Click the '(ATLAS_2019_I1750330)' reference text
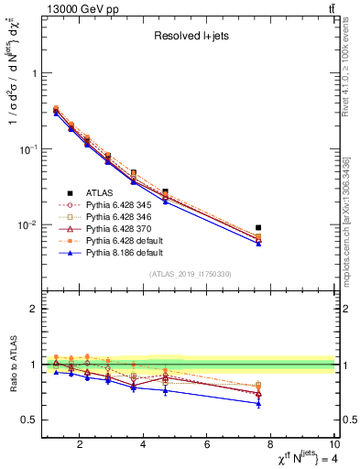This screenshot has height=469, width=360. coord(190,274)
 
